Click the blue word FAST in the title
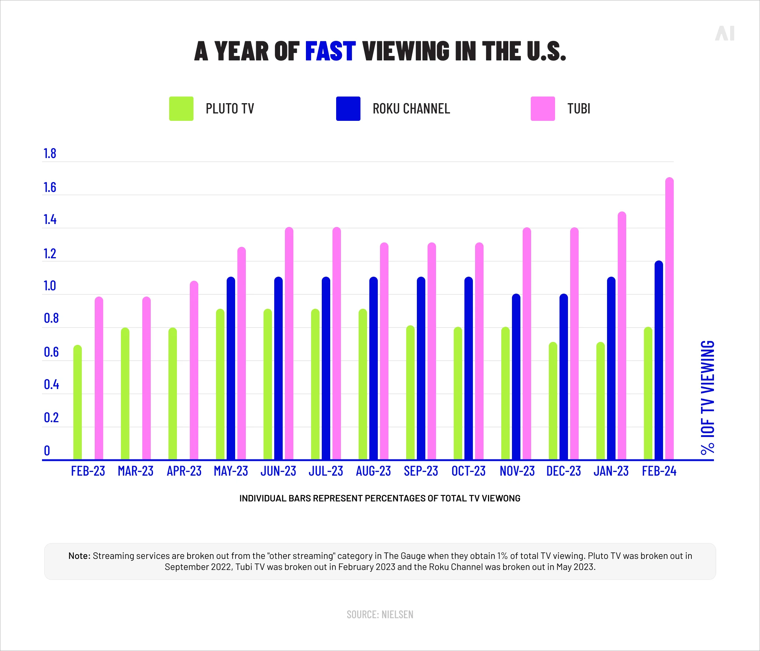tap(330, 51)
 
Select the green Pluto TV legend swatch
tap(181, 109)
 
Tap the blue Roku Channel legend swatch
tap(348, 109)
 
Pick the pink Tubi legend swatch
tap(543, 109)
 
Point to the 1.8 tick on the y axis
tap(50, 154)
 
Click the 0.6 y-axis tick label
tap(51, 352)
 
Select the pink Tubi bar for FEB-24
tap(669, 319)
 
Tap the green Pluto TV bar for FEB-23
tap(77, 402)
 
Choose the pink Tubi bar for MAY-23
tap(241, 353)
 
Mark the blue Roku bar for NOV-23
tap(516, 377)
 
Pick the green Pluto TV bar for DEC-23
tap(553, 401)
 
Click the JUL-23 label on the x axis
tap(326, 471)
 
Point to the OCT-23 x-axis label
tap(468, 471)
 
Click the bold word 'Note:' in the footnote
tap(79, 556)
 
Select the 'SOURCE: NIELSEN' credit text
tap(380, 615)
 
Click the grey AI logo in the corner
tap(725, 34)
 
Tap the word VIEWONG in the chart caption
tap(501, 498)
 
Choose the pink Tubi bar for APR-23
tap(194, 370)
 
